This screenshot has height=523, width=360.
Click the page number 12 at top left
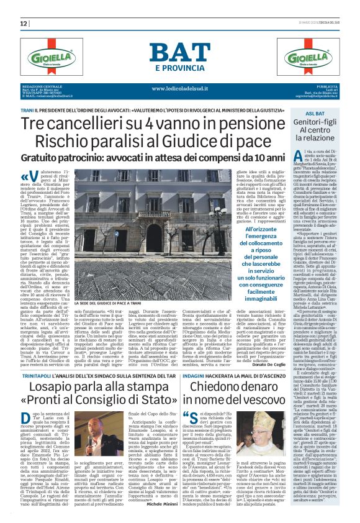click(x=24, y=24)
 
